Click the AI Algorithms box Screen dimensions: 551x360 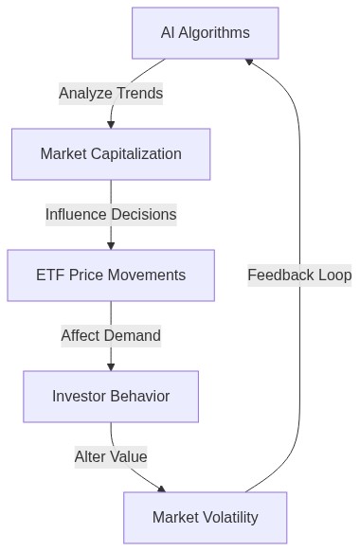[x=205, y=33]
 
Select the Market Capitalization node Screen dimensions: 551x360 [x=111, y=154]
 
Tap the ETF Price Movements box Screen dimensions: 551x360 [x=111, y=275]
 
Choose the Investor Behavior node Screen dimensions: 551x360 [x=111, y=397]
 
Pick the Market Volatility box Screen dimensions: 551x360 [x=205, y=518]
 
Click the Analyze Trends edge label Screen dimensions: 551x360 [x=111, y=94]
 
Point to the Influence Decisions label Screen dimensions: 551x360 [x=111, y=215]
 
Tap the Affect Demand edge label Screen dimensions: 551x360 [x=111, y=336]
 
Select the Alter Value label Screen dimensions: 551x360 [x=111, y=457]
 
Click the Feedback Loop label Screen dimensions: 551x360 [x=299, y=275]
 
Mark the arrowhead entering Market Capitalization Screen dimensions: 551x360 [x=111, y=124]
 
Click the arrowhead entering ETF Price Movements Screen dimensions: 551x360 [x=111, y=245]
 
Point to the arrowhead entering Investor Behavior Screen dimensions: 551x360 [x=111, y=366]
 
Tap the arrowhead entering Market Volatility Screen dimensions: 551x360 [x=161, y=489]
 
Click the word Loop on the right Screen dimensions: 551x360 [x=333, y=275]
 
